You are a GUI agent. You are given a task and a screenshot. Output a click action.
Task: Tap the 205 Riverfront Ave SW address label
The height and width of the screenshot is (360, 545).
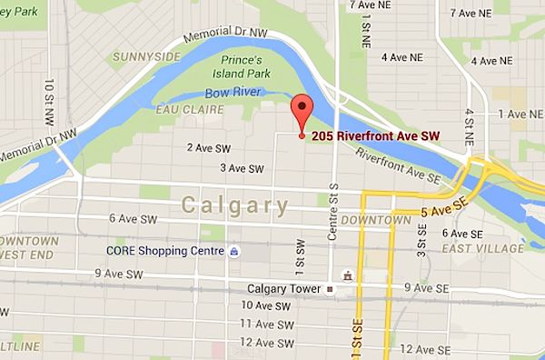(375, 135)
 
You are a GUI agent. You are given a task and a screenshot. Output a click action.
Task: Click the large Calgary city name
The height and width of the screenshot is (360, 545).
(229, 205)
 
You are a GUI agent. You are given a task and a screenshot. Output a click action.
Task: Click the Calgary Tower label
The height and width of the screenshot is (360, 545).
(285, 289)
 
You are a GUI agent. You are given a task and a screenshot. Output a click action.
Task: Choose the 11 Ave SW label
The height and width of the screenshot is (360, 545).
(267, 325)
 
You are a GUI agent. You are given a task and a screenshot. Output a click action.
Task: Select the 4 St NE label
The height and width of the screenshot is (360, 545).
(470, 126)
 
